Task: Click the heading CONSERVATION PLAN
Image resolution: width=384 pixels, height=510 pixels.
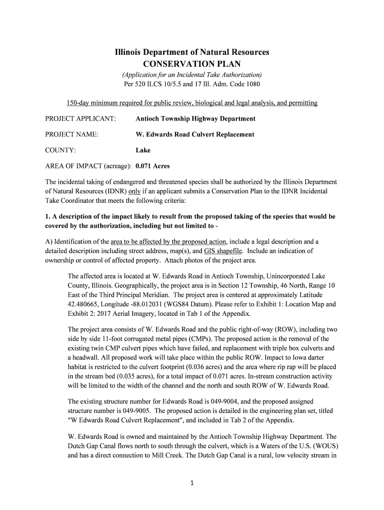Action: [x=192, y=64]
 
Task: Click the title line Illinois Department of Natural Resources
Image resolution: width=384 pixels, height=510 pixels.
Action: [x=192, y=52]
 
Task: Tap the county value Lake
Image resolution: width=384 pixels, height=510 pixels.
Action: [x=143, y=150]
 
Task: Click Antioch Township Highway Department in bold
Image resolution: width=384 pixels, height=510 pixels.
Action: [x=195, y=119]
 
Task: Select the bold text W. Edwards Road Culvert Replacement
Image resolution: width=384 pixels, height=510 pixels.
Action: [x=194, y=134]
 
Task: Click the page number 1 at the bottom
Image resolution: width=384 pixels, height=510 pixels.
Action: [x=192, y=488]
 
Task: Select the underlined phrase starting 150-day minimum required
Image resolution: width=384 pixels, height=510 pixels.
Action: [x=192, y=103]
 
